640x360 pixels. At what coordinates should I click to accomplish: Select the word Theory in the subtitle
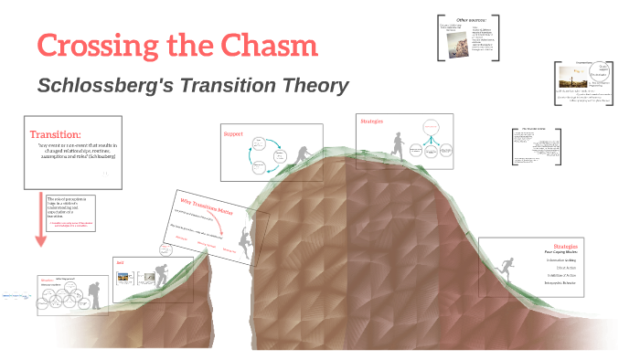tap(311, 86)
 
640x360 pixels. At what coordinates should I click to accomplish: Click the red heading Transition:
tap(55, 134)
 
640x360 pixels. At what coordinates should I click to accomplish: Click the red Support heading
tap(233, 134)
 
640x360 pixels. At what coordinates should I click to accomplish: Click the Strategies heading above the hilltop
tap(372, 121)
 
